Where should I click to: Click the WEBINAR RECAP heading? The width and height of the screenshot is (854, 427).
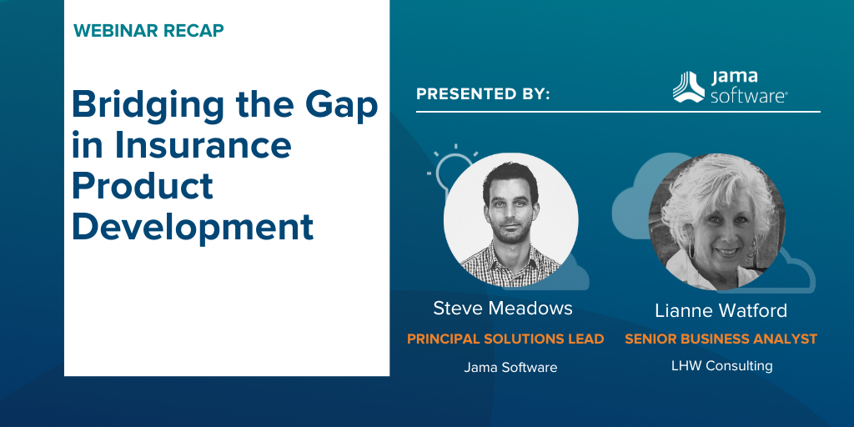(148, 31)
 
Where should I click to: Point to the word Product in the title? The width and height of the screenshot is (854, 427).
(142, 186)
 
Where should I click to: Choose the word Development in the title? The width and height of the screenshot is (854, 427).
(193, 227)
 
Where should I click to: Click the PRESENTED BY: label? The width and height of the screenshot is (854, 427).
(483, 93)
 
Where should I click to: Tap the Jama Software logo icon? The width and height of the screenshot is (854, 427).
(688, 87)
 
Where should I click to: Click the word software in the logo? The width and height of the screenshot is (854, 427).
(748, 97)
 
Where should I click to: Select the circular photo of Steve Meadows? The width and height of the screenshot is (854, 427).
(511, 220)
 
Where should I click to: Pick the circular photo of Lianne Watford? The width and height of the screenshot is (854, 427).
(716, 221)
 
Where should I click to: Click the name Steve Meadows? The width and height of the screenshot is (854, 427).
(503, 309)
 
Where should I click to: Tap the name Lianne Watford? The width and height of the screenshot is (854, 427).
(721, 310)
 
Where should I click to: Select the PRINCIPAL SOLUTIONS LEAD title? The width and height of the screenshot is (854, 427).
(505, 339)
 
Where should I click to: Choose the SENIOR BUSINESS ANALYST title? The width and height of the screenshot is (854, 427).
(721, 339)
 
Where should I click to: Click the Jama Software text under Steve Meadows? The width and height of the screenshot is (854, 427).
(510, 368)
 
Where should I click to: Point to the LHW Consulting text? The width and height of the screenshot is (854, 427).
(721, 365)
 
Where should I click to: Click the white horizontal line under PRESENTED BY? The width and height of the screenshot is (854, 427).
(618, 112)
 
